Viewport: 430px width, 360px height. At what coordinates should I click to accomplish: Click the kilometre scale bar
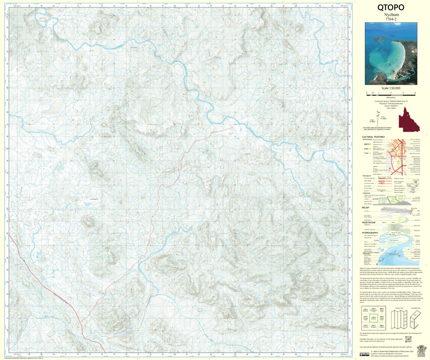(390, 92)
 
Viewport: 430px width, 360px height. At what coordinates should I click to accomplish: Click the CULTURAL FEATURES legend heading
(373, 137)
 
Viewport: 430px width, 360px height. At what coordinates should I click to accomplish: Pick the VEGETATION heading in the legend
(368, 222)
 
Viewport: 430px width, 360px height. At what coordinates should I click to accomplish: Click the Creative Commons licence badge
(364, 354)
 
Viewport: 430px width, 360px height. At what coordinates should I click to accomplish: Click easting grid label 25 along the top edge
(235, 6)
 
